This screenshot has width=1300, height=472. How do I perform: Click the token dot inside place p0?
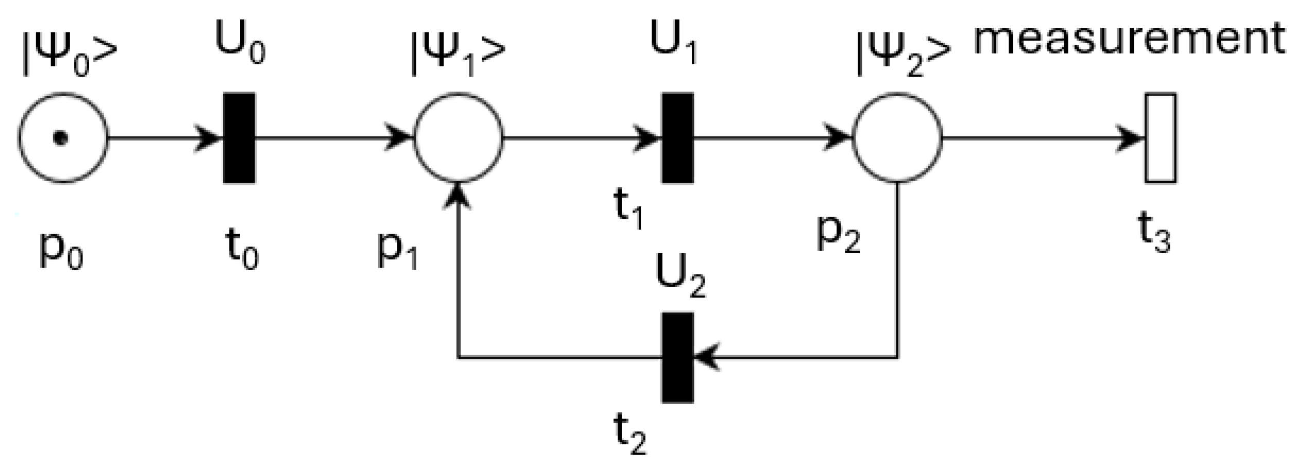(61, 138)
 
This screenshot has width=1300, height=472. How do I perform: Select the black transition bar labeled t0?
(239, 138)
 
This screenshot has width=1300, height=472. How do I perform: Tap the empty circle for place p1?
(458, 138)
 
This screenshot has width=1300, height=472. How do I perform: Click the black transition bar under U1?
(677, 138)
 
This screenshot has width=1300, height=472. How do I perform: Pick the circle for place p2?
(897, 138)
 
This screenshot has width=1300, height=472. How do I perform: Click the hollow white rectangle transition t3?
(1160, 138)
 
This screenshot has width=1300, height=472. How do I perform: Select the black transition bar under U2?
(677, 357)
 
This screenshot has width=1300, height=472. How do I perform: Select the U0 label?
(240, 44)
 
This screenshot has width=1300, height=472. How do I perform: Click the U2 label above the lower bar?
(680, 278)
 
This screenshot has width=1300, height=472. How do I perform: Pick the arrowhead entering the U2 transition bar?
(706, 357)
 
